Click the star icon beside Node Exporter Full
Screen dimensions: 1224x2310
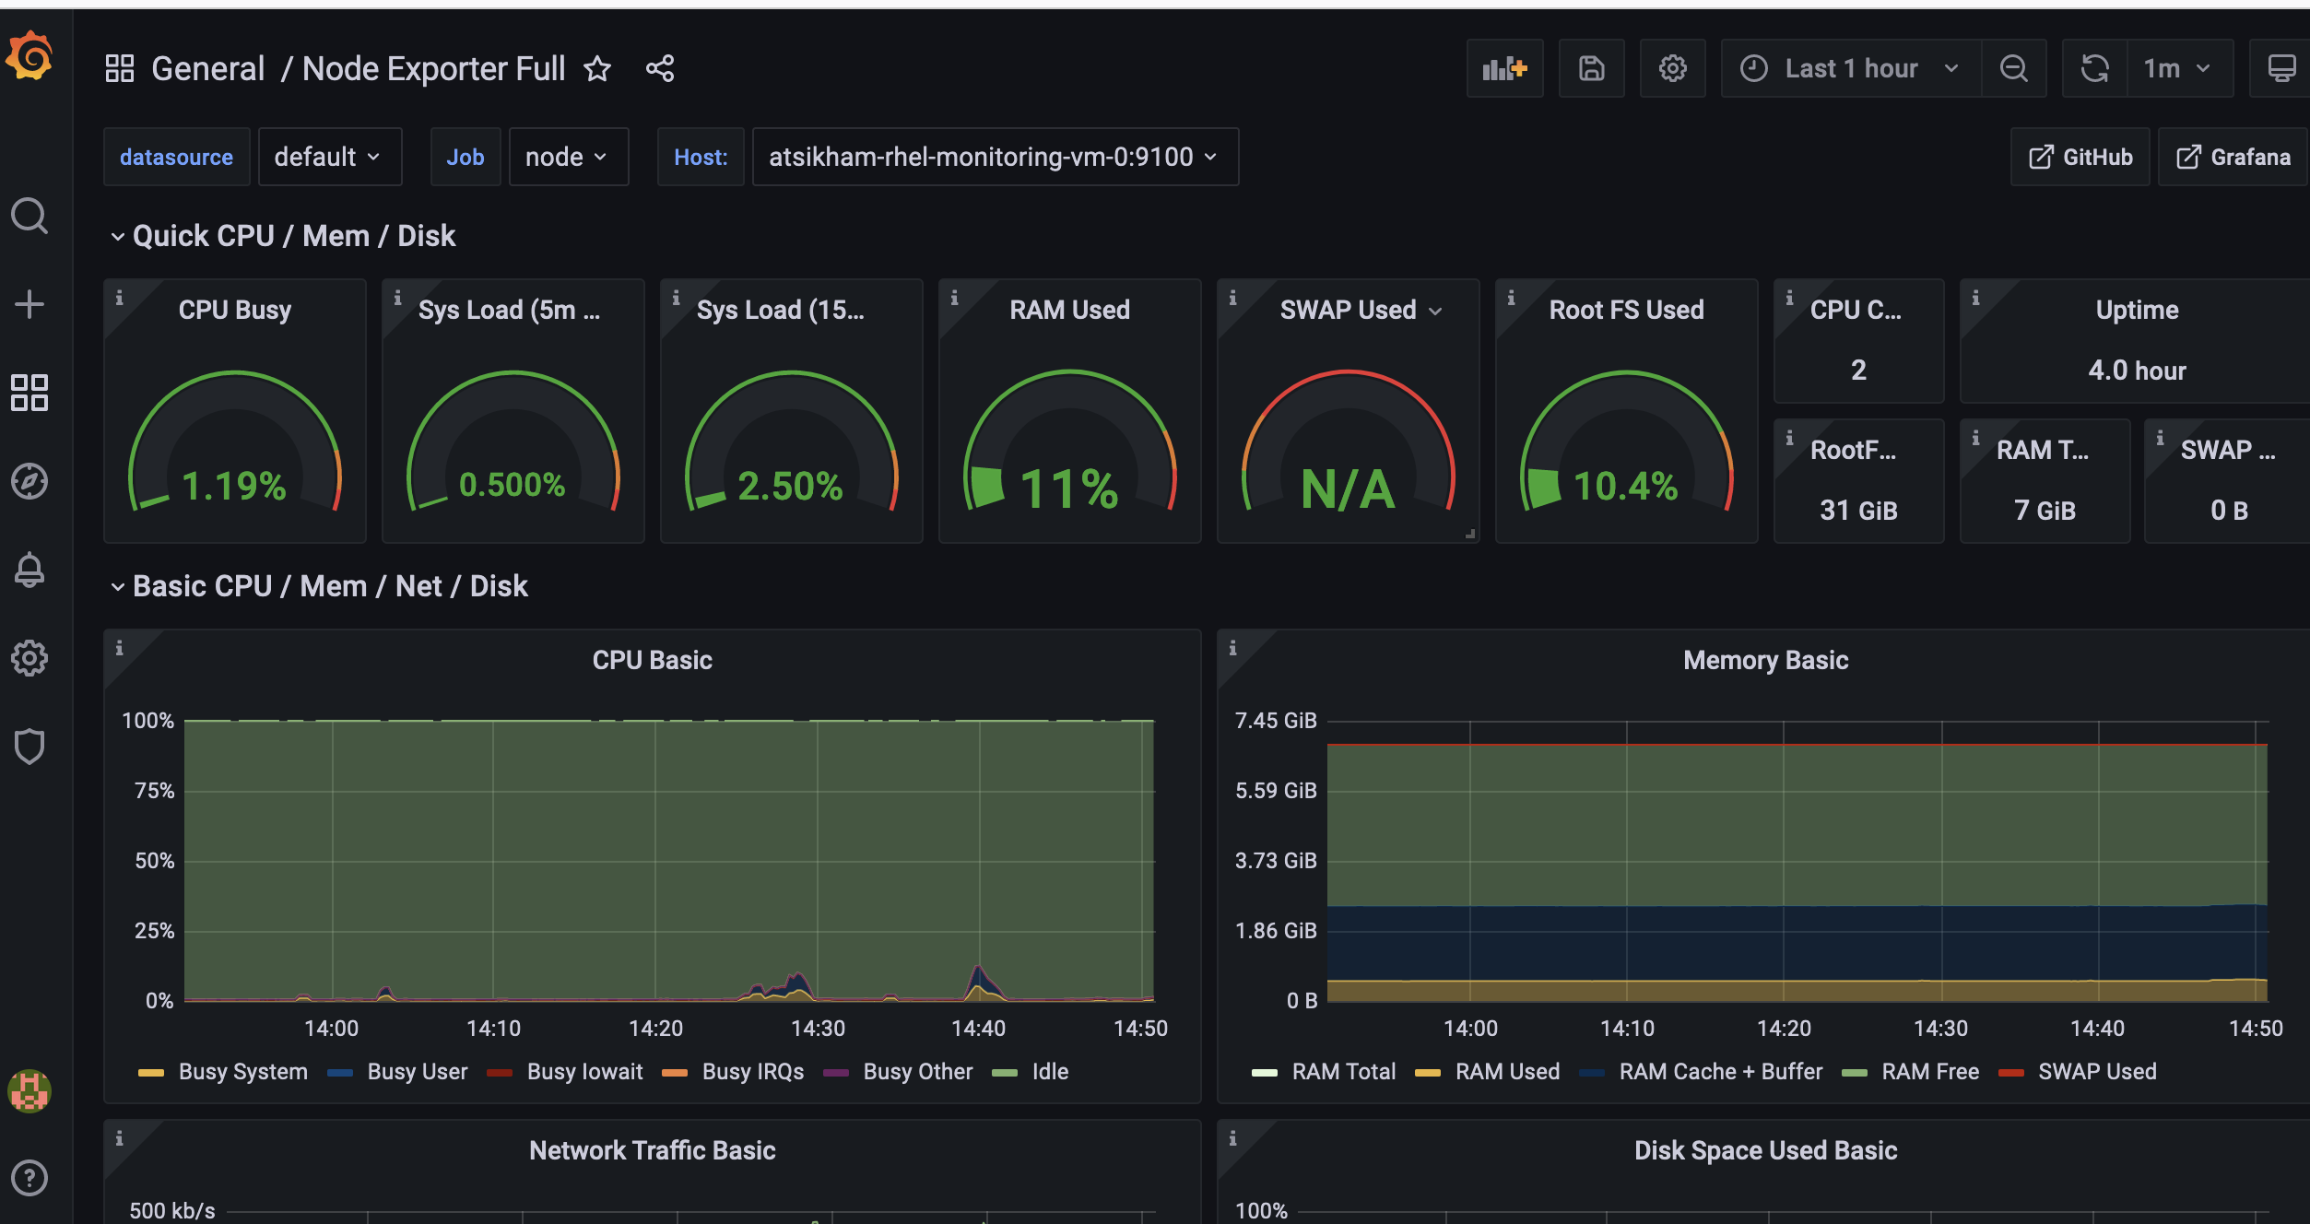point(597,69)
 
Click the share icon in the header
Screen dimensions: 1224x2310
point(660,69)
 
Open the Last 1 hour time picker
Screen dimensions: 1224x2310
point(1850,69)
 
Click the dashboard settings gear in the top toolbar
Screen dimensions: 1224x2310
point(1672,69)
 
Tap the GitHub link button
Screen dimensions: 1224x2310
point(2080,158)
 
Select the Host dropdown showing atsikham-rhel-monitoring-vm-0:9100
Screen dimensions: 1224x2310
point(994,158)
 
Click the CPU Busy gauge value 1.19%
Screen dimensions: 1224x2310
point(234,486)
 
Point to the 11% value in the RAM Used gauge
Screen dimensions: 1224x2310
point(1069,488)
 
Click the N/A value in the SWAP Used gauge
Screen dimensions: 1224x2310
point(1348,488)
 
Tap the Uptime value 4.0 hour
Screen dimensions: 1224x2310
point(2137,371)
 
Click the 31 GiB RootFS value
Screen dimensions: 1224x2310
point(1858,511)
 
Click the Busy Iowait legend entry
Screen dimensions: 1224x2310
point(584,1072)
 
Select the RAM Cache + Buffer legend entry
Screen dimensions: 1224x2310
point(1720,1072)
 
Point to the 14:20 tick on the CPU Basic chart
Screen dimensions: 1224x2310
point(655,1029)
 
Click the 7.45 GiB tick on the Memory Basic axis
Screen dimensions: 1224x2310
point(1276,721)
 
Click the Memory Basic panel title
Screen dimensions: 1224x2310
point(1764,661)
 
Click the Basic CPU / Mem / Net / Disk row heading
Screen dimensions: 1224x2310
point(330,586)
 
